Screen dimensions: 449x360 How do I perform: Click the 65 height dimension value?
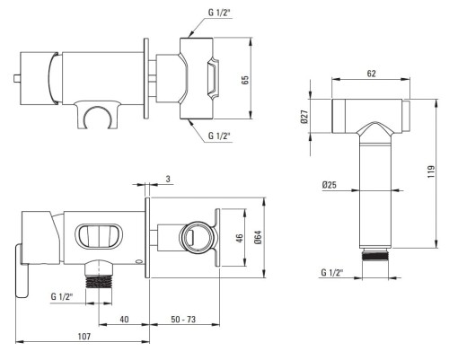pyautogui.click(x=245, y=80)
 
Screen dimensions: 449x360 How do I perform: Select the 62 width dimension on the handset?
pyautogui.click(x=371, y=74)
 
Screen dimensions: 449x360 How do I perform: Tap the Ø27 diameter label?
pyautogui.click(x=304, y=117)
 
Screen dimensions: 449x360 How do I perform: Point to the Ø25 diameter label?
pyautogui.click(x=330, y=185)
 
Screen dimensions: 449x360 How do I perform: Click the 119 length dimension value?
pyautogui.click(x=431, y=171)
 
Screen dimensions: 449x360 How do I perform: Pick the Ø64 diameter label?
pyautogui.click(x=258, y=237)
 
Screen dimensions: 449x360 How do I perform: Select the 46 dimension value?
pyautogui.click(x=240, y=238)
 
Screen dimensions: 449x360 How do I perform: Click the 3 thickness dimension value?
pyautogui.click(x=168, y=179)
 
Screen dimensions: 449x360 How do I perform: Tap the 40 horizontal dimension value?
pyautogui.click(x=124, y=320)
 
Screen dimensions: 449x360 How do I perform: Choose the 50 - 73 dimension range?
pyautogui.click(x=183, y=320)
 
